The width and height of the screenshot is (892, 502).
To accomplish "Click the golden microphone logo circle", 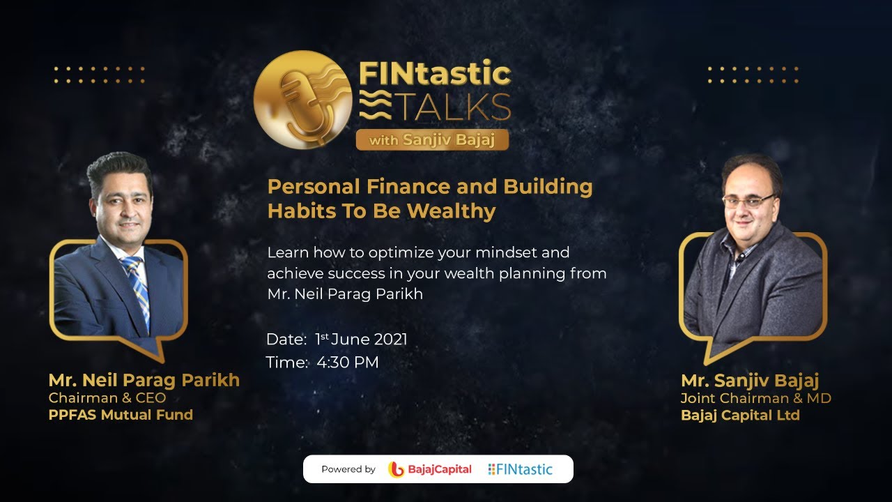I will coord(303,99).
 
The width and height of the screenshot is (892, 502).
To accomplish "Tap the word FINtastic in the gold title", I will coord(435,73).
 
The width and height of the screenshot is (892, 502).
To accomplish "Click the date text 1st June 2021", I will coord(361,340).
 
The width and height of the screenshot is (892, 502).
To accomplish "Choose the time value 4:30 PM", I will coord(348,363).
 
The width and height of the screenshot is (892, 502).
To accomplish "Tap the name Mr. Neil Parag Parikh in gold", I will coord(144,380).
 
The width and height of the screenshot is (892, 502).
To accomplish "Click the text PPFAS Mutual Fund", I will coord(121,415).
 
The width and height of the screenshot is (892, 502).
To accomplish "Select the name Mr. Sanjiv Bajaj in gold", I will coord(750,381).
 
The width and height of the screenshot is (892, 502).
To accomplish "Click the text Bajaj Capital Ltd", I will coord(740,416).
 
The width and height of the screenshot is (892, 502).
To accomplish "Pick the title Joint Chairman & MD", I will coord(756,399).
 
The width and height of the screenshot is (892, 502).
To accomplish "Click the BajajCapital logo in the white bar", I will coord(430,469).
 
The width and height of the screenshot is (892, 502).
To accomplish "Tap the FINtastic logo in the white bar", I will coord(520,469).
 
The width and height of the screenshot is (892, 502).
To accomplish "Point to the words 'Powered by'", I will coord(348,469).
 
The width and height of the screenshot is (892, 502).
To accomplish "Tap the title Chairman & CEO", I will coord(107,398).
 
